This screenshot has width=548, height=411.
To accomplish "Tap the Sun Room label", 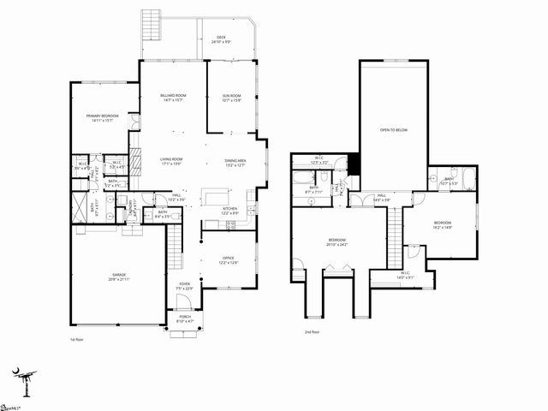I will (x=231, y=96).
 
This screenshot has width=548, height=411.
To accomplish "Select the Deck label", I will (x=221, y=38).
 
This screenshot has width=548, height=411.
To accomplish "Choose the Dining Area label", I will (x=235, y=161).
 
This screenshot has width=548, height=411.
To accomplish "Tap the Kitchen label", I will (x=229, y=209).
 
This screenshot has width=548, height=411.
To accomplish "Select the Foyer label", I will (x=184, y=284).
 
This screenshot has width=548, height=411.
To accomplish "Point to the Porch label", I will (x=184, y=319).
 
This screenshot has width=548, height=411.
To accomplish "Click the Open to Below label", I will (x=394, y=130).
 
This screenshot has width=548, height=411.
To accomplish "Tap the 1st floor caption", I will (x=75, y=339).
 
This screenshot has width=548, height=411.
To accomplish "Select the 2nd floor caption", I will (x=312, y=331).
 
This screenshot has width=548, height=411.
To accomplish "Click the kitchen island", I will (x=216, y=197).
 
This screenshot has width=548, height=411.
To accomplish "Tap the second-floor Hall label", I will (x=380, y=196).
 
